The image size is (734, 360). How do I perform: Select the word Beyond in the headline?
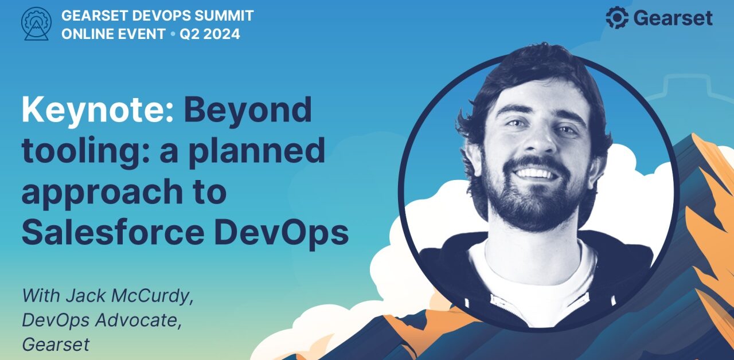pyautogui.click(x=248, y=111)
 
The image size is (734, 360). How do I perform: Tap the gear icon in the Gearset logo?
pyautogui.click(x=618, y=18)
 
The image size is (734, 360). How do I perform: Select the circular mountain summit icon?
pyautogui.click(x=36, y=24)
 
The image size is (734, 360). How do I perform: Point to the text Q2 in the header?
pyautogui.click(x=189, y=34)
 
